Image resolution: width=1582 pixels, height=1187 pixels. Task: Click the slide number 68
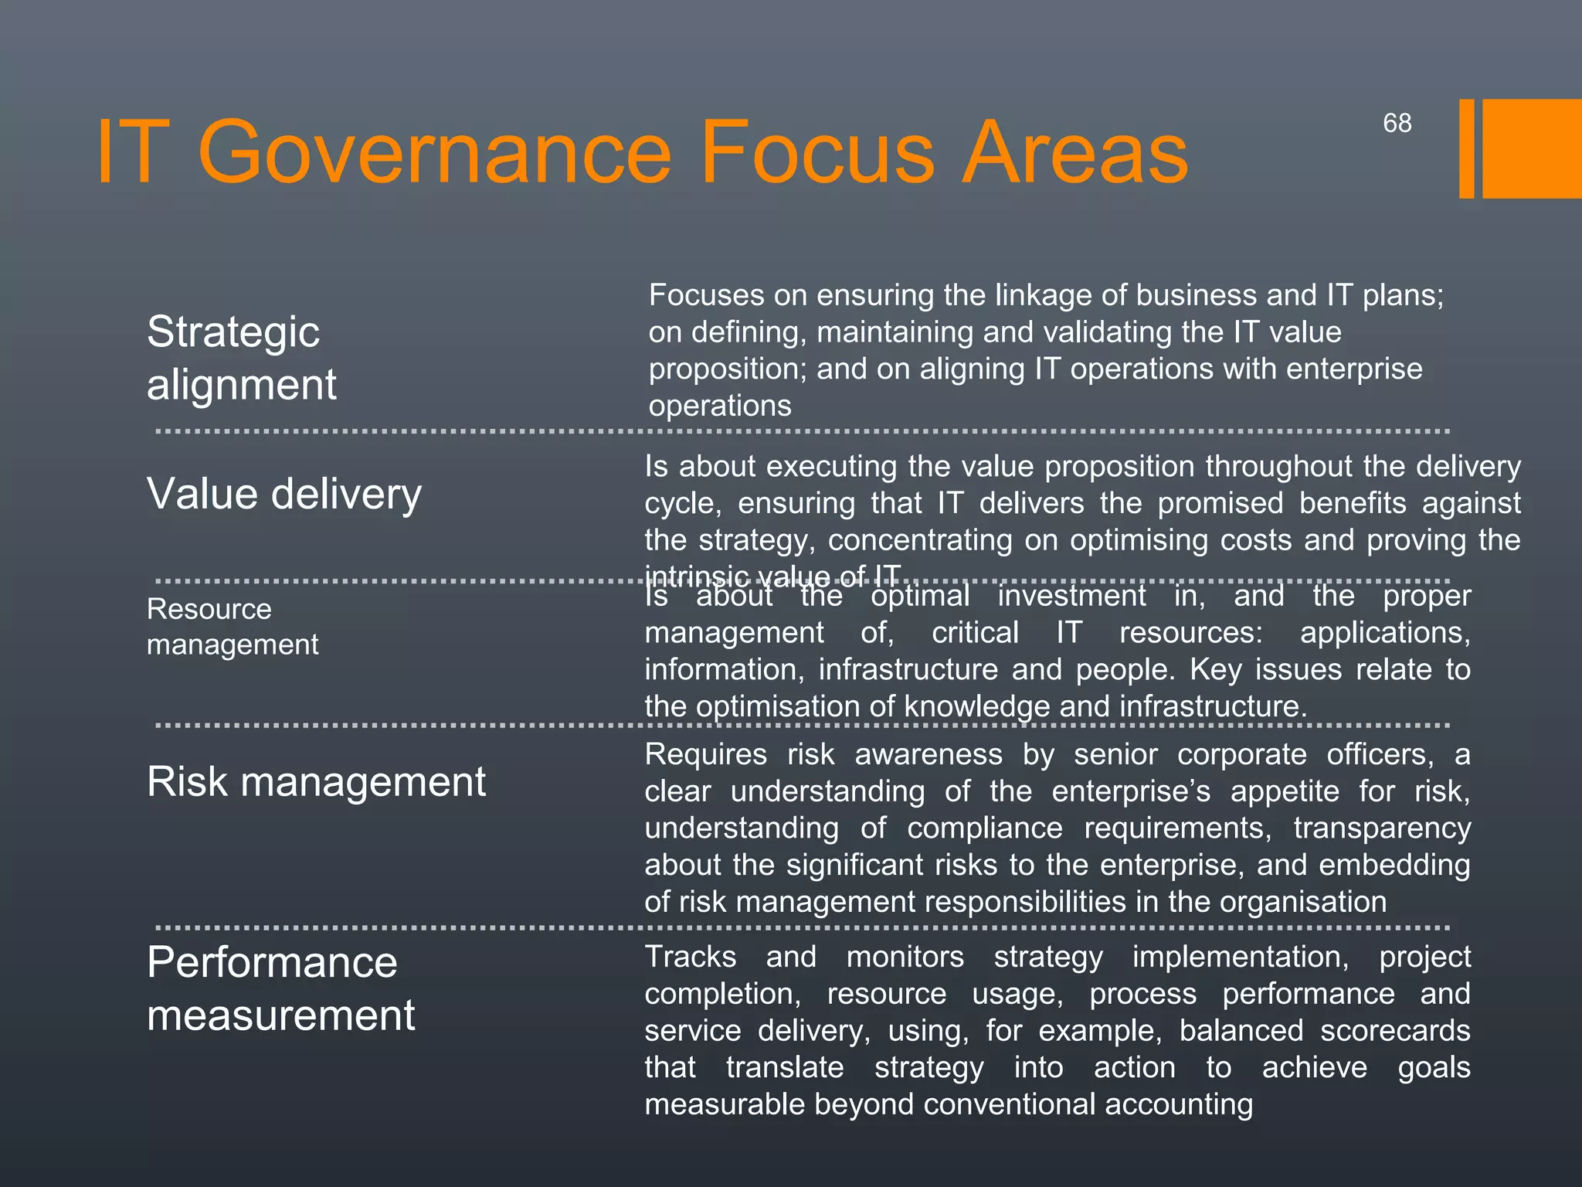1397,123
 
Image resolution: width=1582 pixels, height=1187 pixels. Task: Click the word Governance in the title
435,152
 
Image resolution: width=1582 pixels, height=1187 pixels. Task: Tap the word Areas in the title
1074,152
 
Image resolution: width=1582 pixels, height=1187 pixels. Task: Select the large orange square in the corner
1532,148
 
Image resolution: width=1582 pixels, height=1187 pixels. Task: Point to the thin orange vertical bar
1466,148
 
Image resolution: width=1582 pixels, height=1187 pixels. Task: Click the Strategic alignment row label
241,358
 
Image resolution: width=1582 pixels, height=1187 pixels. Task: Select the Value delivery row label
284,494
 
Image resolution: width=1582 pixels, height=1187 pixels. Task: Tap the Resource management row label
232,627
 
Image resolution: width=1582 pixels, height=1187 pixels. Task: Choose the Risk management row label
316,781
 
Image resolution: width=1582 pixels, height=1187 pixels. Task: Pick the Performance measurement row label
280,988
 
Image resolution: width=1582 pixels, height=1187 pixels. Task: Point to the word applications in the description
1385,633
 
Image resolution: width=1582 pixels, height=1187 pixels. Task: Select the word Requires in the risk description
706,754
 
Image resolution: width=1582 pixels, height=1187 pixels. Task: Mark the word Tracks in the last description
691,957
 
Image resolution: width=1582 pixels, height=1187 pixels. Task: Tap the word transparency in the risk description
1382,828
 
